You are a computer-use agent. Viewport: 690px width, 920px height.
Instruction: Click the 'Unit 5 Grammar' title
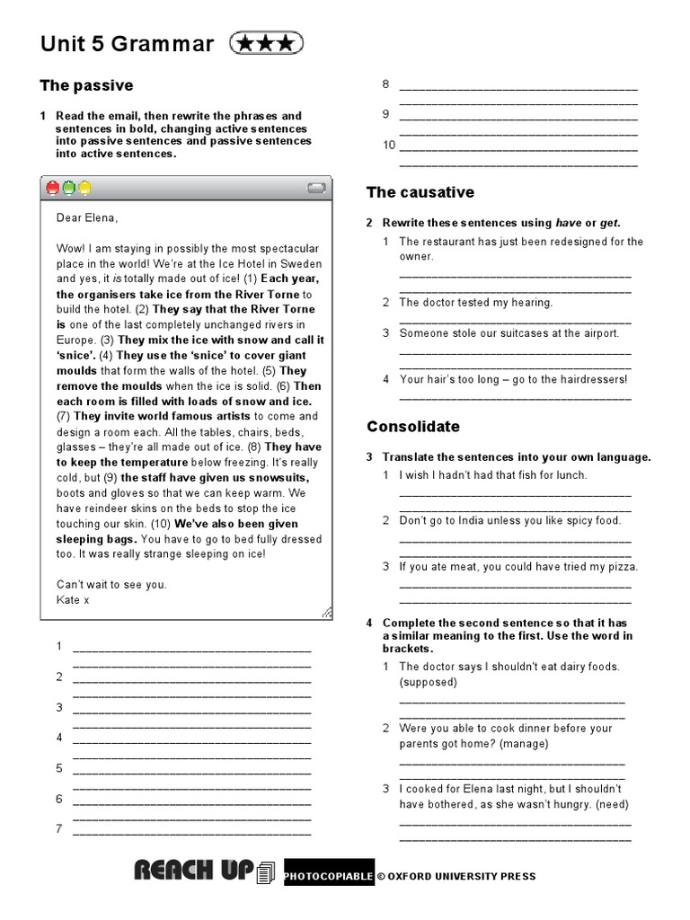click(x=127, y=44)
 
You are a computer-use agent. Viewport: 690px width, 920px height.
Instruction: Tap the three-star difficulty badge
click(x=267, y=43)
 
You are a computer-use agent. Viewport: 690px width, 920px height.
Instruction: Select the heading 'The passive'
click(x=86, y=85)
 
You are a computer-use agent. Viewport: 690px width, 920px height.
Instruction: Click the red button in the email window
click(x=53, y=188)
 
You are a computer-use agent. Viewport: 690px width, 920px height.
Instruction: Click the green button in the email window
click(x=68, y=188)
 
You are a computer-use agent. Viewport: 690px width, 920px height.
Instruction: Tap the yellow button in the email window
click(x=84, y=188)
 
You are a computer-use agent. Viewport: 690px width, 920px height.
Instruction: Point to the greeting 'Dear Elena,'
click(x=87, y=217)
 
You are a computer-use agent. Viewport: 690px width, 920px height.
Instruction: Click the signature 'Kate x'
click(x=73, y=599)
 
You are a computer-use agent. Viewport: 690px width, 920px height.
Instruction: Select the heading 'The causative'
click(x=420, y=192)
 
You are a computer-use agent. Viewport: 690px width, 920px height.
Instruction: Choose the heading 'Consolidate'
click(x=412, y=426)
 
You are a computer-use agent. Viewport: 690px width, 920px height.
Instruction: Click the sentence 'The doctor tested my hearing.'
click(x=475, y=303)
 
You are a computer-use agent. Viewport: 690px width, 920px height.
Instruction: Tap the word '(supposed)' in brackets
click(x=429, y=682)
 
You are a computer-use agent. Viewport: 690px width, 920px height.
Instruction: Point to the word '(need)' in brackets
click(x=611, y=804)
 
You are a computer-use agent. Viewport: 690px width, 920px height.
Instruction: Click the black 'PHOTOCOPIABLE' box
click(x=328, y=876)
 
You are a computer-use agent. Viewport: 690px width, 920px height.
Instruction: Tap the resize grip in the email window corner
click(x=326, y=613)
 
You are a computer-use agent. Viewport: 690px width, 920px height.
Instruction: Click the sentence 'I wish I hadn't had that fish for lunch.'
click(x=492, y=474)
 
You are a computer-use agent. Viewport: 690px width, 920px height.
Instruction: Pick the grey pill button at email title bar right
click(x=315, y=188)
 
